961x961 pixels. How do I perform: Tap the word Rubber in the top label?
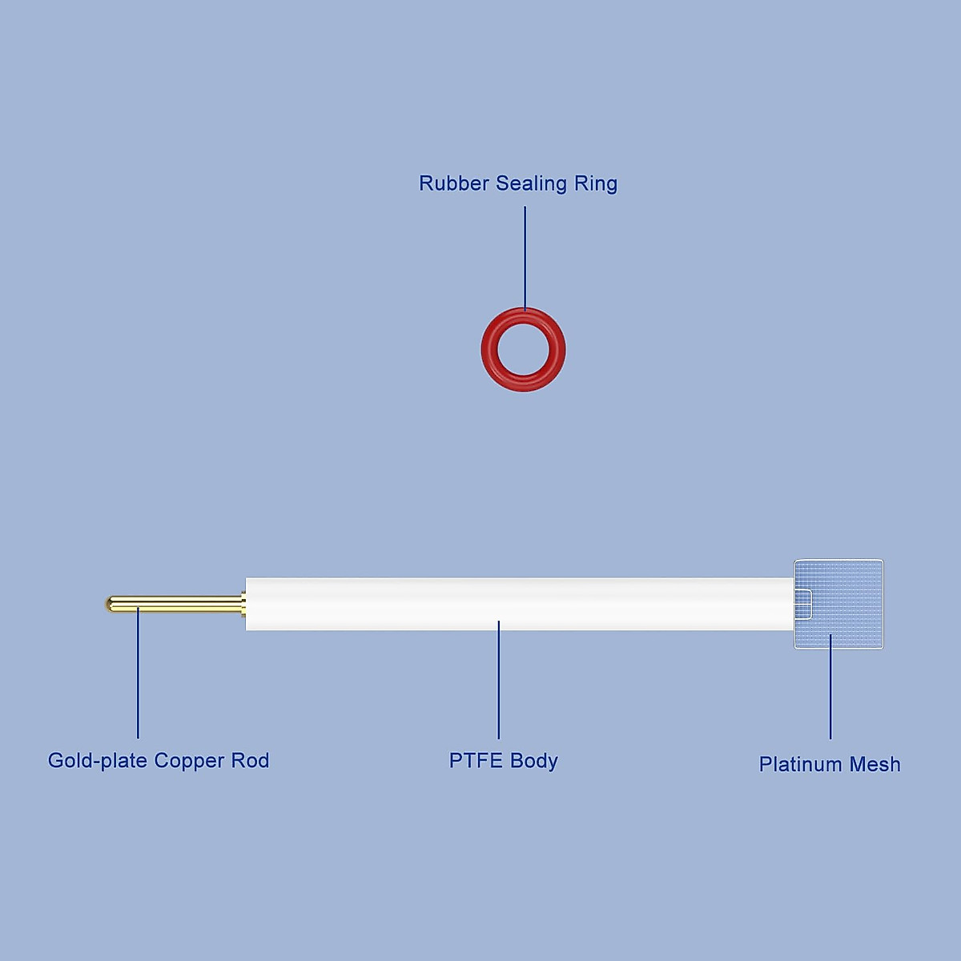click(454, 183)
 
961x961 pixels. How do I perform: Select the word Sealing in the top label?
click(531, 183)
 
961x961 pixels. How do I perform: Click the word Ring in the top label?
click(596, 183)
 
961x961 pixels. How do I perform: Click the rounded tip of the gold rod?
click(110, 603)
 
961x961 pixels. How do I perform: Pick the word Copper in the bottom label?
click(190, 761)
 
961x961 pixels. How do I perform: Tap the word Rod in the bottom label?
click(250, 760)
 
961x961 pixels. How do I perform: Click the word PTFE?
click(476, 760)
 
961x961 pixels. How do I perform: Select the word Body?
click(534, 761)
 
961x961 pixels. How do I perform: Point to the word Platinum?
click(801, 764)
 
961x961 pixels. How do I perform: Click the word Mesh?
click(875, 764)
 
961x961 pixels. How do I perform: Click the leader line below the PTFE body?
click(498, 681)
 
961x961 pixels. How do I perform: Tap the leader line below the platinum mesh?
click(830, 689)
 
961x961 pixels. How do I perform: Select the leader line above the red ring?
click(525, 256)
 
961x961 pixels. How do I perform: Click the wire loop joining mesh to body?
click(804, 603)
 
